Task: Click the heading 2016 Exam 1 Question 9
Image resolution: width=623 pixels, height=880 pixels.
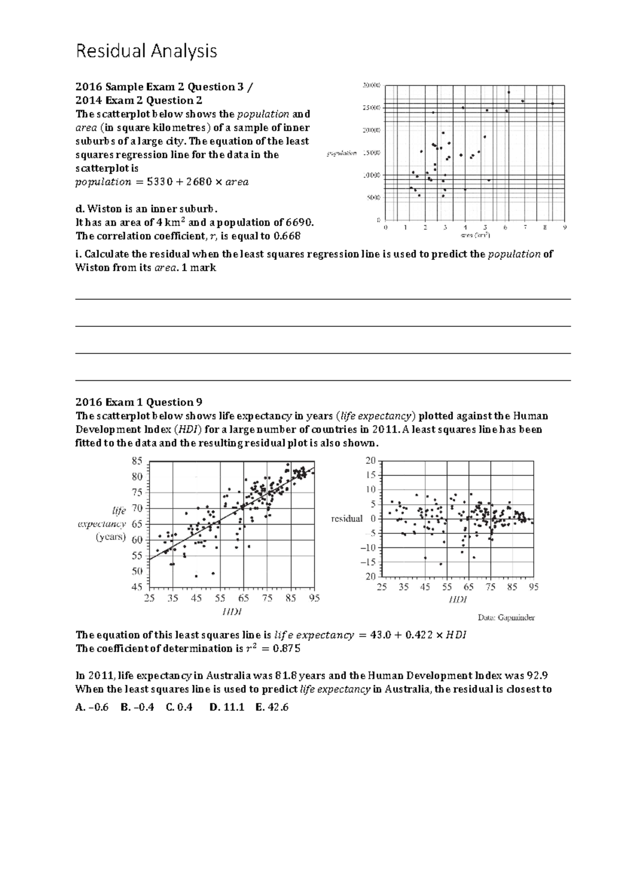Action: point(139,402)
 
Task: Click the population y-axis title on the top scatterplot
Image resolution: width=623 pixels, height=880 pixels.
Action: point(342,153)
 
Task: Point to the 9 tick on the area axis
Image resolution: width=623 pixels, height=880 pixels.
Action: point(565,227)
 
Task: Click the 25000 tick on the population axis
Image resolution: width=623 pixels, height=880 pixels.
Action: point(371,107)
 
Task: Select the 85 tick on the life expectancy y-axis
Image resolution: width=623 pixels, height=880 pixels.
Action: point(137,461)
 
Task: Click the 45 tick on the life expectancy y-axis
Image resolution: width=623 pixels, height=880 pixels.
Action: point(137,587)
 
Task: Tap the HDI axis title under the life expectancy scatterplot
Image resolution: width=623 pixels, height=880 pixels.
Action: point(232,612)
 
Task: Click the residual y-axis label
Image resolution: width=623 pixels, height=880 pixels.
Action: point(346,519)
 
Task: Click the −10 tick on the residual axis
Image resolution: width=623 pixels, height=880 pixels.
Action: point(369,548)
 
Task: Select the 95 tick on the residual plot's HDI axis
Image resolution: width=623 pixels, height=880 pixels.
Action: point(533,587)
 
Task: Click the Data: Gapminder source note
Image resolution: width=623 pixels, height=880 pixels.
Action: point(506,617)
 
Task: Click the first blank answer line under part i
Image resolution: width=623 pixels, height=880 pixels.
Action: point(323,298)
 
